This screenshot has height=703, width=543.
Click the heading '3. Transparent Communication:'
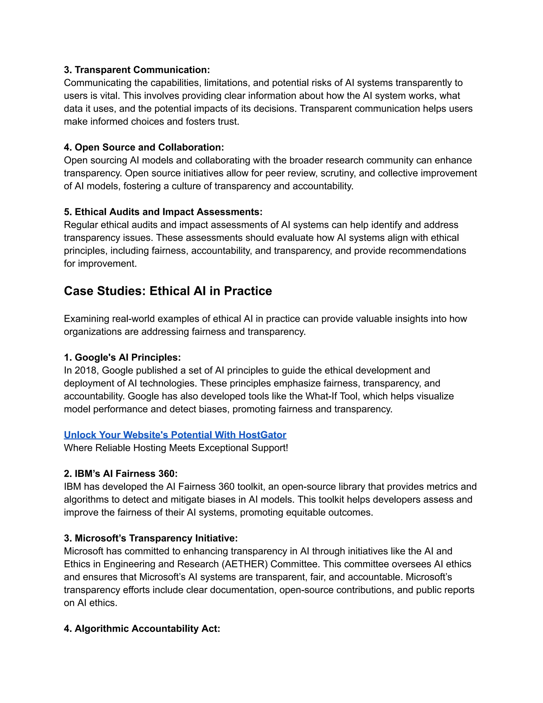[137, 70]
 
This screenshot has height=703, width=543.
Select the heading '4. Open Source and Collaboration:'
[144, 147]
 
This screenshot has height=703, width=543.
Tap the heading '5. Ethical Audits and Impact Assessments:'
[163, 212]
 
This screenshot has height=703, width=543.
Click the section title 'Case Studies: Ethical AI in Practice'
[168, 291]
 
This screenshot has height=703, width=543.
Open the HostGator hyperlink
[175, 435]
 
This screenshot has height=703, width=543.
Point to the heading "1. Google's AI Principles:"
[122, 357]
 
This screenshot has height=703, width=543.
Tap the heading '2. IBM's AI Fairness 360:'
[121, 474]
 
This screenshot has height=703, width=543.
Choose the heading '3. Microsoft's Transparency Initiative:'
[151, 538]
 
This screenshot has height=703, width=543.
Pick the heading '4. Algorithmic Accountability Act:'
[142, 629]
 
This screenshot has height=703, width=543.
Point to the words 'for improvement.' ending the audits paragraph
[100, 264]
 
